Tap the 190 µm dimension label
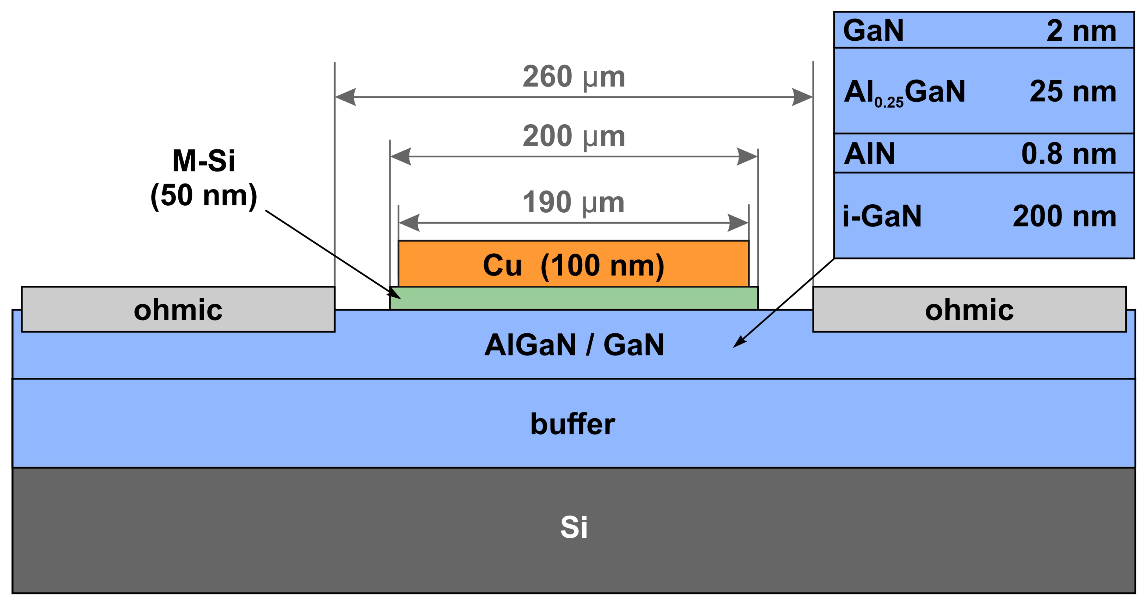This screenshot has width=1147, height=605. coord(573,202)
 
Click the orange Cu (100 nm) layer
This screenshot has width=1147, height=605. coord(573,265)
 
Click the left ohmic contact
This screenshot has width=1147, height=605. coord(178,309)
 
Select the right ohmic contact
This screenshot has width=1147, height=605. coord(969,309)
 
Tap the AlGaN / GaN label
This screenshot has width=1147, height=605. coord(574,345)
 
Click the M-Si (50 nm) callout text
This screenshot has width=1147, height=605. coord(204,178)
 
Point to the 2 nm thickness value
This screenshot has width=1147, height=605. coord(1081,31)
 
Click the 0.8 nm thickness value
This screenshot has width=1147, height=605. coord(1069,154)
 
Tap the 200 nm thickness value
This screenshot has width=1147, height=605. coord(1064,216)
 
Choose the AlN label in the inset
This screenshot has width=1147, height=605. coord(869,154)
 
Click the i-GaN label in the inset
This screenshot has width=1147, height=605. coord(882,216)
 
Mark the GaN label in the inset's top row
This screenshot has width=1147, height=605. coord(873,31)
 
